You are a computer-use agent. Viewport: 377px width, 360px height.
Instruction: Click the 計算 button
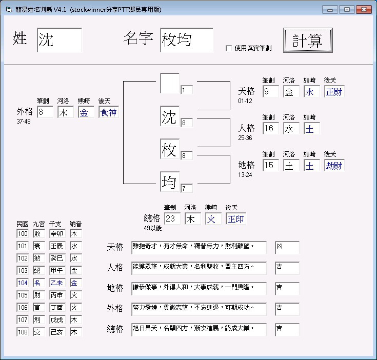[x=308, y=40]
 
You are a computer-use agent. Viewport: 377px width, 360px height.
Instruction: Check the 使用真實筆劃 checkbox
[x=229, y=48]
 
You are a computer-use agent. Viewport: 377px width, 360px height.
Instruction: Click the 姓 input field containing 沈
[x=59, y=40]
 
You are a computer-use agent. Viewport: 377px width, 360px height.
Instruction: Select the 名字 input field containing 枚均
[x=186, y=40]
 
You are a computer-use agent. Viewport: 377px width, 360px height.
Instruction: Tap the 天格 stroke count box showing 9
[x=270, y=92]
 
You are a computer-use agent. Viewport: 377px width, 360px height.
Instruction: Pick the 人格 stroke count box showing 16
[x=270, y=129]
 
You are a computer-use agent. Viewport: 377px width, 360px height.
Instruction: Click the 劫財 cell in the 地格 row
[x=334, y=165]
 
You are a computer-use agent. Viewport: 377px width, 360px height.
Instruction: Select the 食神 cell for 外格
[x=109, y=112]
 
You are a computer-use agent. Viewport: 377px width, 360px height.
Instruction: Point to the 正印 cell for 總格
[x=235, y=219]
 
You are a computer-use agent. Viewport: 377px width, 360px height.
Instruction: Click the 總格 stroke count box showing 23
[x=172, y=219]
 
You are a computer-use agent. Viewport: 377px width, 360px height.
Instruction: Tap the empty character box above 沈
[x=170, y=83]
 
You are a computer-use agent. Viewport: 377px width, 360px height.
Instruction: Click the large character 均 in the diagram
[x=170, y=182]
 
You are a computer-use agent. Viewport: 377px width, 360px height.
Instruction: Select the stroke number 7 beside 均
[x=186, y=188]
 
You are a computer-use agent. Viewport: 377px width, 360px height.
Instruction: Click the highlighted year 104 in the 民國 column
[x=23, y=283]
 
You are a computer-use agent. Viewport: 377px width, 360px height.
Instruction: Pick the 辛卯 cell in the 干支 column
[x=57, y=233]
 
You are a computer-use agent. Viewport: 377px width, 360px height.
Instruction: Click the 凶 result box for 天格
[x=287, y=247]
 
